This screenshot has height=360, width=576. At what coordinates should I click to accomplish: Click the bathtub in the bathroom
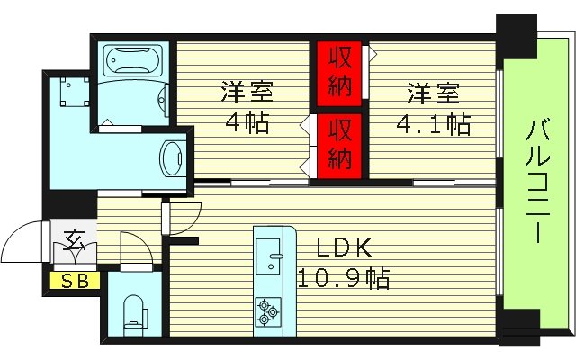point(131,62)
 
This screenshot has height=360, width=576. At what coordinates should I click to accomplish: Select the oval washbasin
point(170,160)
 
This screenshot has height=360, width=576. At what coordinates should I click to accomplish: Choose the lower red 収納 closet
point(338,144)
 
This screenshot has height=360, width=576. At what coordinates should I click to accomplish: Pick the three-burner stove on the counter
point(269,310)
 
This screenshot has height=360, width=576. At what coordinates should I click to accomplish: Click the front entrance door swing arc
point(22,240)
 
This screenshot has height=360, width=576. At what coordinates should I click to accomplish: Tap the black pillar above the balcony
point(517,35)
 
